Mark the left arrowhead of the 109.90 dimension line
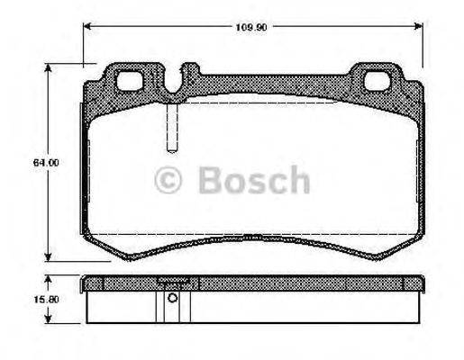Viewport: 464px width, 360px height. (x=88, y=26)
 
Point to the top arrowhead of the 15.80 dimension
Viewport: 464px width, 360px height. (x=48, y=278)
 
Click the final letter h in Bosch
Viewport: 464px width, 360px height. (x=298, y=181)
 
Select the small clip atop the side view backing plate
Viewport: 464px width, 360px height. (x=172, y=281)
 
